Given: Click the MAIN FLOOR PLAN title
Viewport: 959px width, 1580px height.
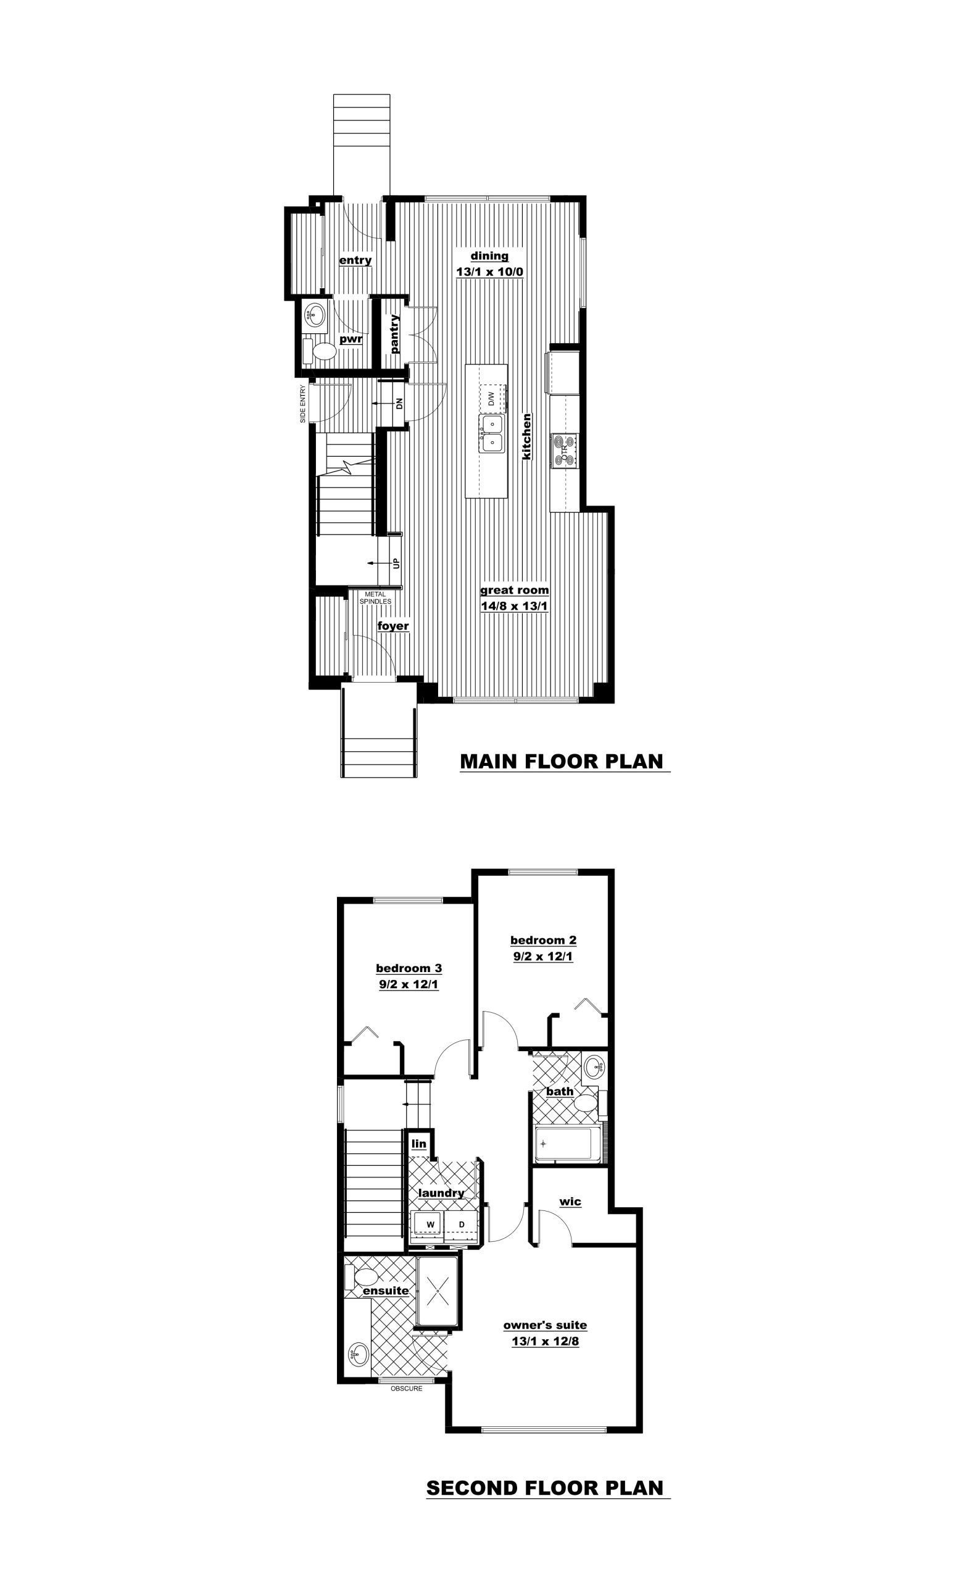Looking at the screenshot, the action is click(562, 761).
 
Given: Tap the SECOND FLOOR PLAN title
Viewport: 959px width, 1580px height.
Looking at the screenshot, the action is click(545, 1487).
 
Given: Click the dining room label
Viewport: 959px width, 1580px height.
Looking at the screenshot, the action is click(490, 256).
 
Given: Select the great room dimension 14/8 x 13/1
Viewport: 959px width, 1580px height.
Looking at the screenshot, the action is click(514, 606).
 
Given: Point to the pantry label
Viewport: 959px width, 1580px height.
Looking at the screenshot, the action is click(394, 333).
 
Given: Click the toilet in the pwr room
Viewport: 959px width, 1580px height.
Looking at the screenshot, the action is click(319, 351).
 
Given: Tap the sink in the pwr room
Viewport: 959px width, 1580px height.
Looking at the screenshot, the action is click(313, 315).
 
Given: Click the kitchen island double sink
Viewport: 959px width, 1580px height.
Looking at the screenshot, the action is click(492, 433).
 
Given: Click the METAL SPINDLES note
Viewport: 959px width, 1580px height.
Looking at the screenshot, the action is click(375, 597).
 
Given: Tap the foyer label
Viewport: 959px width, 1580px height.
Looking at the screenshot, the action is click(393, 626).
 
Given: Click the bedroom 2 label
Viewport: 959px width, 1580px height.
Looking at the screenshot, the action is click(543, 940).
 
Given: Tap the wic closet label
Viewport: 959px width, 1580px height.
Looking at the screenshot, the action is click(570, 1201).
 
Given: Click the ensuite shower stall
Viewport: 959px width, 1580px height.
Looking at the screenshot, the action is click(437, 1290).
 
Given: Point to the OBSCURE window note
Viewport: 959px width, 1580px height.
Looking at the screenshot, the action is click(407, 1388).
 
